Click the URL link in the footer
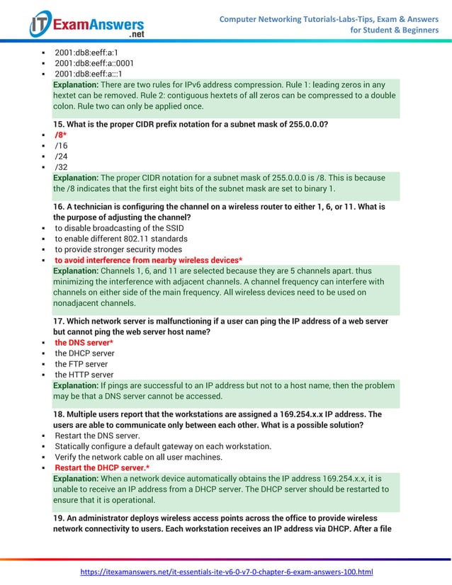(226, 572)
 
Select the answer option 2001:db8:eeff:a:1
(86, 52)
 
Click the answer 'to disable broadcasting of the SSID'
(119, 227)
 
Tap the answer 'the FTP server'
(81, 364)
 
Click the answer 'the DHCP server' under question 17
(84, 353)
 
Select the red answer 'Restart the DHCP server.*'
(102, 467)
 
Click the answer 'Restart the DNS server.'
(97, 435)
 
